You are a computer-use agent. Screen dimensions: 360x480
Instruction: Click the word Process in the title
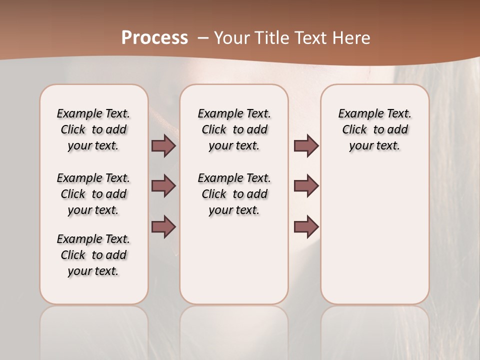tap(154, 38)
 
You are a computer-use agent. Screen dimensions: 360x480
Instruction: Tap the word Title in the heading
tap(272, 38)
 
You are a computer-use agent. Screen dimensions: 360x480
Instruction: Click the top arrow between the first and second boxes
tap(163, 146)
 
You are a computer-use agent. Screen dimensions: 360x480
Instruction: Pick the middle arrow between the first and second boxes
tap(163, 186)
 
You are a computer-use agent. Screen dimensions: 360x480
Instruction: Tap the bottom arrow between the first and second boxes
tap(163, 226)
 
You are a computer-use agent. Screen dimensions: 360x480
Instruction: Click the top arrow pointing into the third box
tap(306, 146)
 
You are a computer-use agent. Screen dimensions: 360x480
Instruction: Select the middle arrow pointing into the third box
tap(306, 186)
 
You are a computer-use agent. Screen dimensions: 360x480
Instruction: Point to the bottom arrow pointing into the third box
tap(306, 226)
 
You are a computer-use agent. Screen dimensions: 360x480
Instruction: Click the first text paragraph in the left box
tap(93, 129)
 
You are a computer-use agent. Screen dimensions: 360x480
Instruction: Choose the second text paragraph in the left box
tap(93, 194)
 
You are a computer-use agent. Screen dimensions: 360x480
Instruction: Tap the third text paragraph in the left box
tap(93, 255)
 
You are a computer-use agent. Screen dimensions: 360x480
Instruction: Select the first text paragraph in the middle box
tap(234, 129)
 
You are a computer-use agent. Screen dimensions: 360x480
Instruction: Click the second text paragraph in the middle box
tap(234, 194)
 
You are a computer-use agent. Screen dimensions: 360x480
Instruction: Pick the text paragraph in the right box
tap(374, 129)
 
